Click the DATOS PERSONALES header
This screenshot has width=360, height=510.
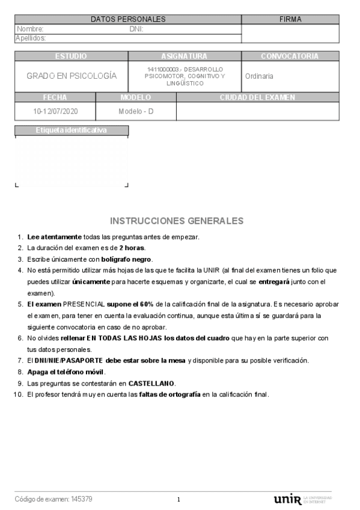tap(128, 19)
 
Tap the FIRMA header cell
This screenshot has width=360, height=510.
tap(290, 19)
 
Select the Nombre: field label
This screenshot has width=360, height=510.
tap(30, 29)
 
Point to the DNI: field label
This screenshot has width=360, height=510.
tap(136, 29)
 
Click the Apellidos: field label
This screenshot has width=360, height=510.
tap(31, 38)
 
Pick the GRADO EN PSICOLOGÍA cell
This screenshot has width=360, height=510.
tap(72, 76)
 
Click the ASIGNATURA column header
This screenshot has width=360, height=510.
tap(185, 56)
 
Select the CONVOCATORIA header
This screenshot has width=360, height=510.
tap(290, 56)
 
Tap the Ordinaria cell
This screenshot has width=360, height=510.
tap(259, 76)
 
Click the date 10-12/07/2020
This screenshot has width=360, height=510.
tap(55, 111)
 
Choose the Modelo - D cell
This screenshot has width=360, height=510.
tap(136, 111)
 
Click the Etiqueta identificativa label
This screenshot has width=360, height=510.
tap(71, 130)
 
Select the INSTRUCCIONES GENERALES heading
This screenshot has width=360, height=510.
tap(177, 221)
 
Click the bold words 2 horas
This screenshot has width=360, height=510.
tap(132, 248)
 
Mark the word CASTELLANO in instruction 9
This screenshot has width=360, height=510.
tap(151, 383)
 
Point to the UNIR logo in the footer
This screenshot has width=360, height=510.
tap(287, 500)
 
